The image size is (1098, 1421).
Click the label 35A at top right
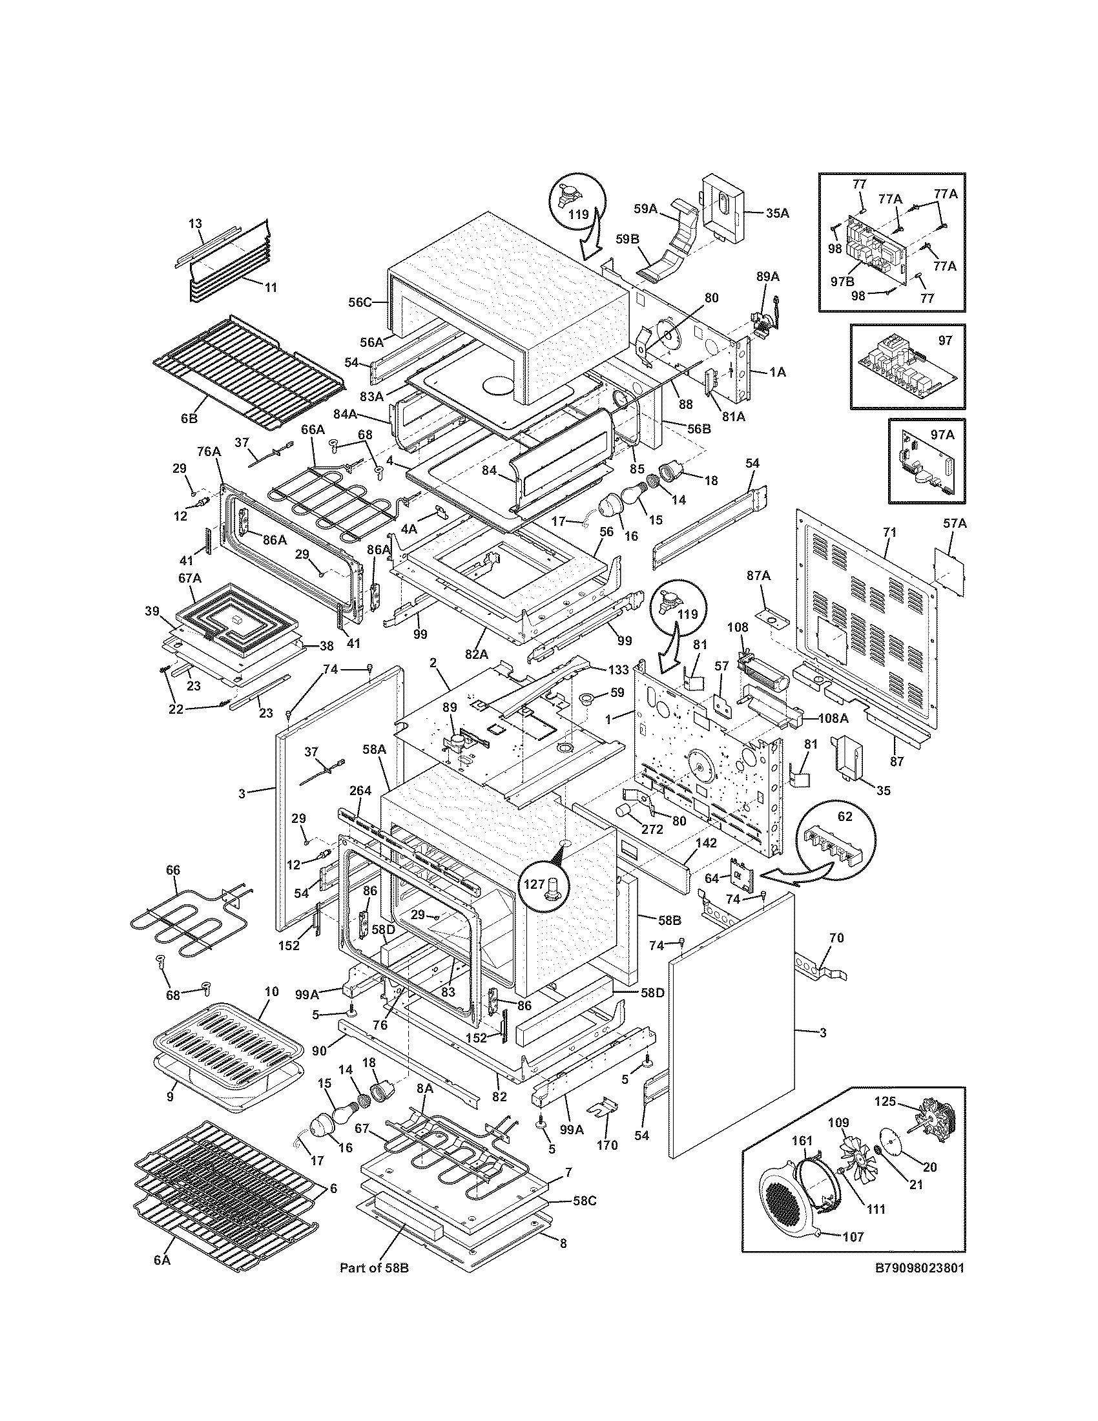pyautogui.click(x=776, y=213)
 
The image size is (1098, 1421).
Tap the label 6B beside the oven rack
pyautogui.click(x=189, y=419)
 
